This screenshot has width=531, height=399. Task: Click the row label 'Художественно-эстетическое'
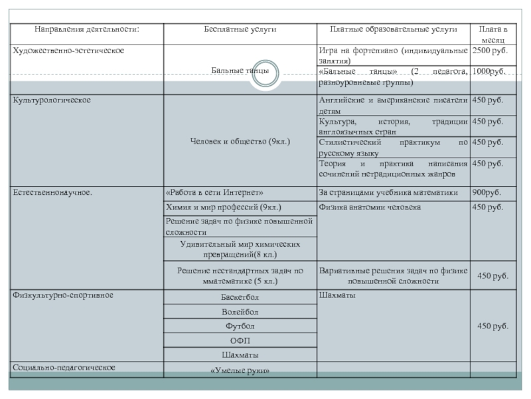coord(68,51)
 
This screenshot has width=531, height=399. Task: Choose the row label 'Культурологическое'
coord(52,100)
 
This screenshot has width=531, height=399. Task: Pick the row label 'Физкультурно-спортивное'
coord(63,295)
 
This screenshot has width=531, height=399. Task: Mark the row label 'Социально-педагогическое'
coord(64,367)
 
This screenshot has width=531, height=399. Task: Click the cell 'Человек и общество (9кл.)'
coord(240,142)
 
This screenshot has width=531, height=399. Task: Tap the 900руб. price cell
coord(487,193)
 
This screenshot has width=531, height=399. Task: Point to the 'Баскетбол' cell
coord(240,297)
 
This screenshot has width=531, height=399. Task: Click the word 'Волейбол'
coord(240,312)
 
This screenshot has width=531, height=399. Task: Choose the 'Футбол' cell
coord(240,326)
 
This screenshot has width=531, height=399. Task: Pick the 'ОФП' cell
coord(240,340)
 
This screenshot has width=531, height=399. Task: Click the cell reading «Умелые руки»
coord(240,370)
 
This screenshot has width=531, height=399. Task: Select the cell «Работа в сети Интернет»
coord(219,193)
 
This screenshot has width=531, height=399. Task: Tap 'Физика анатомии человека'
coord(370,207)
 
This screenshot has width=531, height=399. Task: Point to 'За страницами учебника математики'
coord(388,193)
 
